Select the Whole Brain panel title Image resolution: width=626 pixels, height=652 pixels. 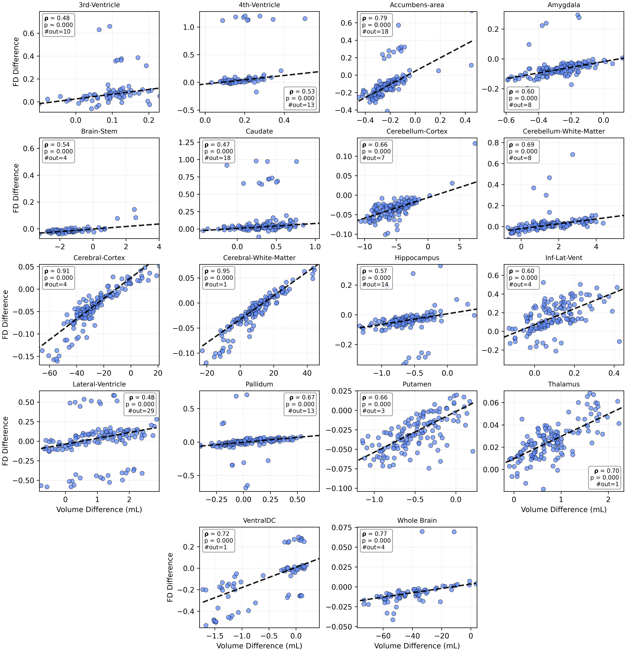point(417,521)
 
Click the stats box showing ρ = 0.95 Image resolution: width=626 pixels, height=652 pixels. point(218,278)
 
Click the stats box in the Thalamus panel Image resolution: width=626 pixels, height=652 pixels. point(604,477)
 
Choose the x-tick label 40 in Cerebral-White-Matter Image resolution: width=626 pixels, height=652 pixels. point(307,373)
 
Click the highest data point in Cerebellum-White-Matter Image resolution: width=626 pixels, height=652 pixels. point(572,154)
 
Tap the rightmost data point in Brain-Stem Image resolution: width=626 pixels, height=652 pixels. point(136,218)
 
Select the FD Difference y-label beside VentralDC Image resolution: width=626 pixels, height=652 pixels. point(170,577)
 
